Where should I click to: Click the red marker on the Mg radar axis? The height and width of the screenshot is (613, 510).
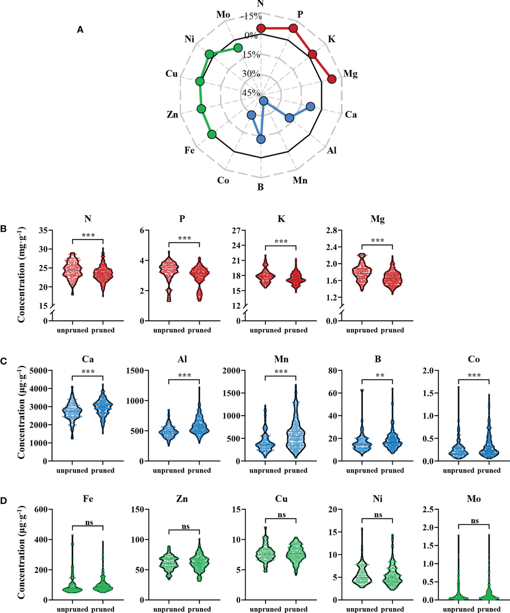[x=332, y=79]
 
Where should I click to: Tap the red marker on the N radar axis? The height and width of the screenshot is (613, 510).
[x=261, y=28]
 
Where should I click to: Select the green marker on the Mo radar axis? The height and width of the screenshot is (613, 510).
[x=238, y=48]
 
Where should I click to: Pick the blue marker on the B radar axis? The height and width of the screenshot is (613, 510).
[x=261, y=139]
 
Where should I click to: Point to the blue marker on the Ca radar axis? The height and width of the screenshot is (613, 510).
[x=311, y=107]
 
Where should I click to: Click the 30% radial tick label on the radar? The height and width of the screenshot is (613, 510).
[x=251, y=74]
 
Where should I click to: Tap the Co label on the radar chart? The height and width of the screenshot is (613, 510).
[x=223, y=180]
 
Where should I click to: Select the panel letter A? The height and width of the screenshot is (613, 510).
[x=80, y=30]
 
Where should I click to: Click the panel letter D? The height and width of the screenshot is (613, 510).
[x=3, y=501]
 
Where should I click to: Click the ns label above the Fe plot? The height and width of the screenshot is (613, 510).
[x=89, y=523]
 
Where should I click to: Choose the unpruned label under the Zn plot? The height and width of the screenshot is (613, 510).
[x=169, y=609]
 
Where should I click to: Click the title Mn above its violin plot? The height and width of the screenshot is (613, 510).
[x=281, y=359]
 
